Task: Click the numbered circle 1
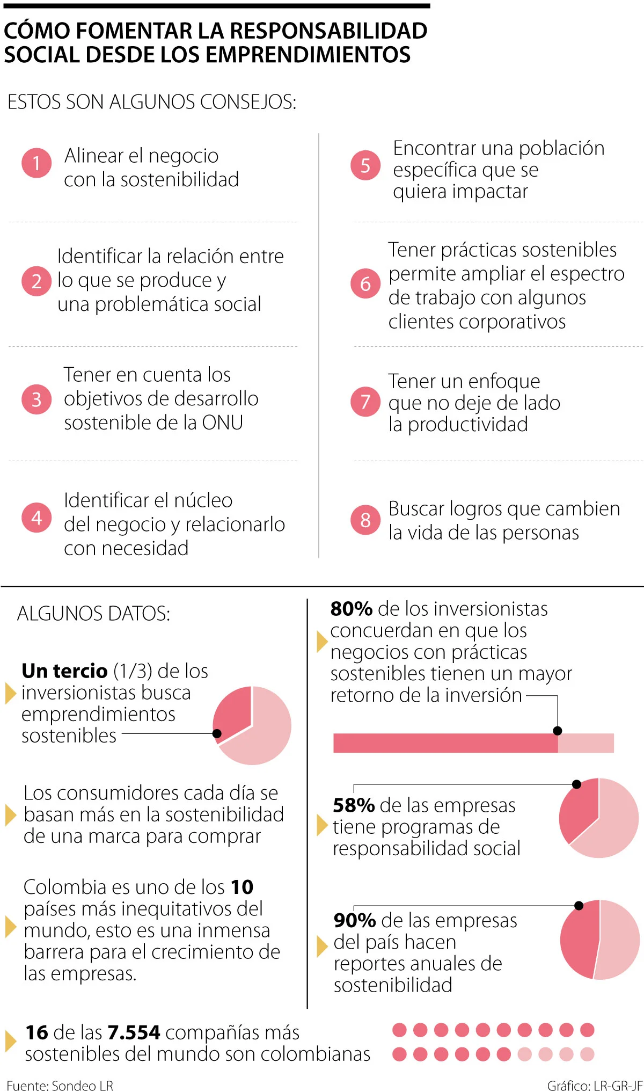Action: [36, 163]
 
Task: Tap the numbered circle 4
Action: [36, 518]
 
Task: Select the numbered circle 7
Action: [365, 402]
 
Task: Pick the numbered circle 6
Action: [365, 283]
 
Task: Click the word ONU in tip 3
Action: [223, 423]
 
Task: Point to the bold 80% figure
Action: [352, 609]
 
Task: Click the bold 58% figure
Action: [354, 805]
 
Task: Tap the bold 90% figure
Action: [355, 920]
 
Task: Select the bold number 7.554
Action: [134, 1032]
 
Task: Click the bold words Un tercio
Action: [64, 671]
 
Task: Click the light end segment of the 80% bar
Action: [586, 743]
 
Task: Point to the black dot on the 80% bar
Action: [558, 731]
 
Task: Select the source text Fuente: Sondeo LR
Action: [60, 1086]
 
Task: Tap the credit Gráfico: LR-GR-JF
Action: [595, 1086]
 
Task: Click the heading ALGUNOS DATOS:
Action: [93, 614]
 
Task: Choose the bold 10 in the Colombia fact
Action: [242, 887]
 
